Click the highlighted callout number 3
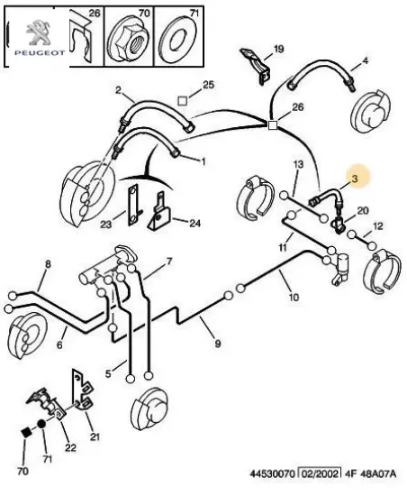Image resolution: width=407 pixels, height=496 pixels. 355,179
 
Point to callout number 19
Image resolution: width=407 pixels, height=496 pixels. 278,50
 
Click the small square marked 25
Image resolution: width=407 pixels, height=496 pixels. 183,101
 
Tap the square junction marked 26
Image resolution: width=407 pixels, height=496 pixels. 273,125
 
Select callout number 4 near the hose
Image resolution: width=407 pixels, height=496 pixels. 365,60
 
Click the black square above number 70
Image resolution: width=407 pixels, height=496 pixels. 26,432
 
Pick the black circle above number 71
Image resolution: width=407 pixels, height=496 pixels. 41,424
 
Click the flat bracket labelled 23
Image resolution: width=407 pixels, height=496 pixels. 134,206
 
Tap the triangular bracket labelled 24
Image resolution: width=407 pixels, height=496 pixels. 159,212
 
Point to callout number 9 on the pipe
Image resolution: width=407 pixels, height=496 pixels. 217,344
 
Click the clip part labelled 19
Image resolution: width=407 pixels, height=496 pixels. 256,66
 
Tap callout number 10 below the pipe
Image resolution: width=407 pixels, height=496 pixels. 294,297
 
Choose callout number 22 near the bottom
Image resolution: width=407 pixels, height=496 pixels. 70,447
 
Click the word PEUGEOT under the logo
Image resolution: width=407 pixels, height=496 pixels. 40,53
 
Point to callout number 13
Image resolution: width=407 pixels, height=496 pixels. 298,164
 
